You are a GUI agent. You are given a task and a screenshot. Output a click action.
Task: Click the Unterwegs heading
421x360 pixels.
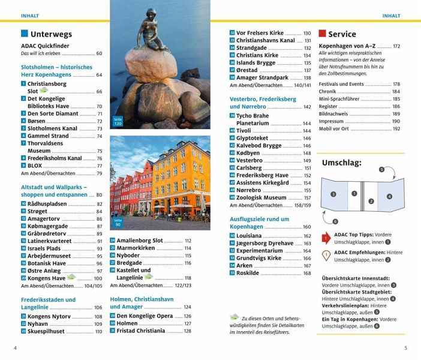coord(51,34)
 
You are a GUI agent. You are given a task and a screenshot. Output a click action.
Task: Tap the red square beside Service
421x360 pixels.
coord(322,34)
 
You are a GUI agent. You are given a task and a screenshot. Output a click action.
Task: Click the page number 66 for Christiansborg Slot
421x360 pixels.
coord(99,92)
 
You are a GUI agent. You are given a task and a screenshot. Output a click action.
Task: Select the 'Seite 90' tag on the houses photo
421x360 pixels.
coord(118,222)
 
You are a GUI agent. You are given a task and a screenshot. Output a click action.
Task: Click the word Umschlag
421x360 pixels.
coord(342,163)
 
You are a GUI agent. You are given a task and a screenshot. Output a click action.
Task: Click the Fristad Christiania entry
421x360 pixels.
coord(141,331)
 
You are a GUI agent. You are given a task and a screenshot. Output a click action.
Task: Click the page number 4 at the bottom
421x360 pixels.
coord(15,347)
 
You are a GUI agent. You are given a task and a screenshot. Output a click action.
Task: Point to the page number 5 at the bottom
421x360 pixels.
coord(405,347)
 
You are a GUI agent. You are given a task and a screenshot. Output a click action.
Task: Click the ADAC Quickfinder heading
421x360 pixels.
coord(45,46)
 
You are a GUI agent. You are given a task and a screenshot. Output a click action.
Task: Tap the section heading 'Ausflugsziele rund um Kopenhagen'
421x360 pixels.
coord(260,223)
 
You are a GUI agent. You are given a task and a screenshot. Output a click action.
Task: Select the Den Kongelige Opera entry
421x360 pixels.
coord(145,316)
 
